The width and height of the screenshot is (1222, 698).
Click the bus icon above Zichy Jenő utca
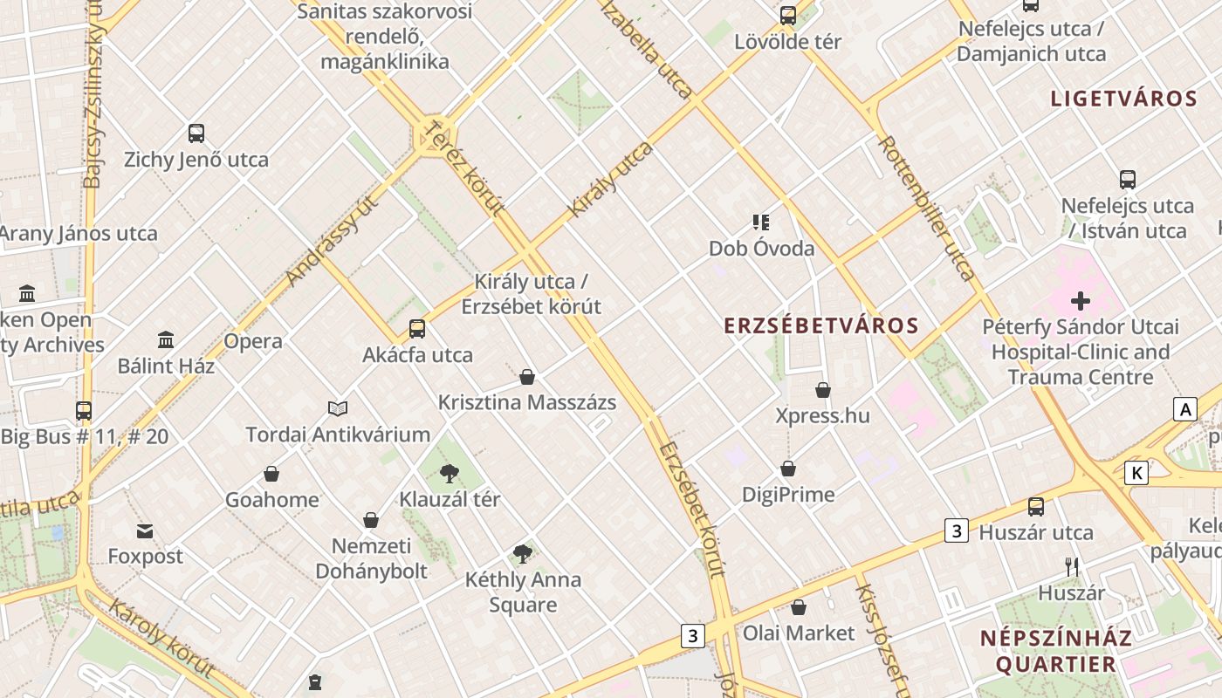tap(196, 133)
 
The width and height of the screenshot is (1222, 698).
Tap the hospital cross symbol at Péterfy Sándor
tap(1081, 302)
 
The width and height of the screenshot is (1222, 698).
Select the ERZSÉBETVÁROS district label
tap(821, 326)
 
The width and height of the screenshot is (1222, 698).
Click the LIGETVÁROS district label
tap(1123, 99)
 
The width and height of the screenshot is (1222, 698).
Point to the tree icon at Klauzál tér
tap(450, 474)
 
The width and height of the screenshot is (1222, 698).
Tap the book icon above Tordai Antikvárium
tap(338, 408)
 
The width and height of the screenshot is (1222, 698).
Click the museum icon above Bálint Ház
tap(166, 339)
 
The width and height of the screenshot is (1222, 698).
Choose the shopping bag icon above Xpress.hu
tap(823, 390)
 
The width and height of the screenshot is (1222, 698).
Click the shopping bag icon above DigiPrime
tap(788, 469)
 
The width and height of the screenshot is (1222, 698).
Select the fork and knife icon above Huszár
tap(1072, 567)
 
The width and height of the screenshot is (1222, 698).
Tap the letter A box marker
tap(1184, 409)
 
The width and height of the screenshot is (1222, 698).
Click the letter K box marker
tap(1136, 473)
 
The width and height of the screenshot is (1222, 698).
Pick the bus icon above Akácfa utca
tap(417, 329)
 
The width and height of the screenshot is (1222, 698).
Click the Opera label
tap(253, 341)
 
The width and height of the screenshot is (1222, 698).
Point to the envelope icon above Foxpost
tap(145, 530)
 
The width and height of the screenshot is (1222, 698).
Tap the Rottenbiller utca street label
tap(926, 208)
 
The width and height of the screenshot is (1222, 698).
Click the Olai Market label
tap(799, 633)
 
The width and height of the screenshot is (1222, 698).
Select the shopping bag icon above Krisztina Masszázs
tap(527, 377)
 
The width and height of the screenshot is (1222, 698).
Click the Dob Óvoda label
tap(761, 249)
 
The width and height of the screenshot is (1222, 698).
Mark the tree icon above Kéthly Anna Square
tap(523, 553)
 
